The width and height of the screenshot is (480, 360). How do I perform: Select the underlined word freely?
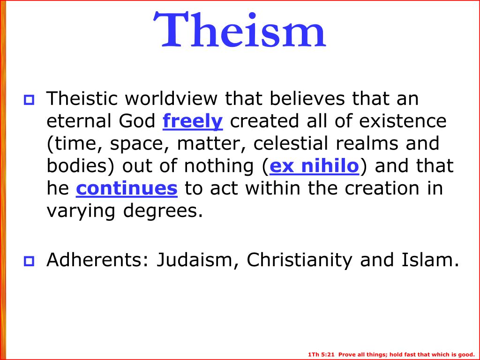point(193,121)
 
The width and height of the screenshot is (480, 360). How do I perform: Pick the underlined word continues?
point(127,188)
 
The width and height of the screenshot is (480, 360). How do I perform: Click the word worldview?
point(175,99)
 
